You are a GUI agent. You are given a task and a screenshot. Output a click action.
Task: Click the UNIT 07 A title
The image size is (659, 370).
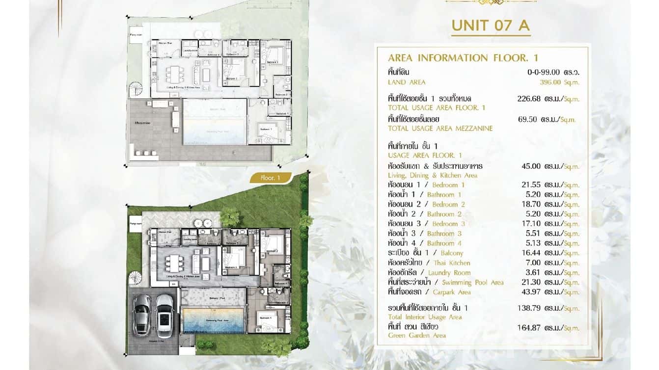pyautogui.click(x=491, y=26)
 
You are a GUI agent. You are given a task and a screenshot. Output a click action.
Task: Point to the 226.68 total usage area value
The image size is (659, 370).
pyautogui.click(x=529, y=99)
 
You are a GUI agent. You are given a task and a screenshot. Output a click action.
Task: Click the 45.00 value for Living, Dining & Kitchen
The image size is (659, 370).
pyautogui.click(x=531, y=166)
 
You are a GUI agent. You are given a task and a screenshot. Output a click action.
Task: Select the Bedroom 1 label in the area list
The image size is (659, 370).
pyautogui.click(x=448, y=185)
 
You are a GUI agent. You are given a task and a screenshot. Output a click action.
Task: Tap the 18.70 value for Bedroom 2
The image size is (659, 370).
pyautogui.click(x=531, y=204)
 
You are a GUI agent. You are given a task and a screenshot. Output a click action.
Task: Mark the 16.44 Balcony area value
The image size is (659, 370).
pyautogui.click(x=531, y=253)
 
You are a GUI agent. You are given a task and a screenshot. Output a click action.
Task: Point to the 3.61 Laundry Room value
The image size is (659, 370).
pyautogui.click(x=533, y=272)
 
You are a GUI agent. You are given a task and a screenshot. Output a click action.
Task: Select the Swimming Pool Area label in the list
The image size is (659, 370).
pyautogui.click(x=472, y=283)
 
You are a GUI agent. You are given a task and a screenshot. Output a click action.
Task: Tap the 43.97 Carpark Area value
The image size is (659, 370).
pyautogui.click(x=531, y=292)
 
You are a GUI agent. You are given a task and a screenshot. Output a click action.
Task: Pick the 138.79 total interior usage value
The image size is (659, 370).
pyautogui.click(x=529, y=308)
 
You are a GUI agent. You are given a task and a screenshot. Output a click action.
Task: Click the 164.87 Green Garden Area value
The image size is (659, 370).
pyautogui.click(x=529, y=328)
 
